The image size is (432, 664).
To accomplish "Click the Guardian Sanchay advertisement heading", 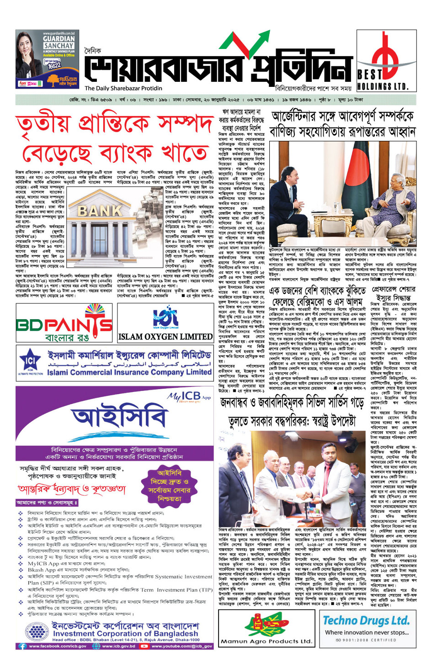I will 59,42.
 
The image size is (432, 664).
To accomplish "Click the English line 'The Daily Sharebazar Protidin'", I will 123,88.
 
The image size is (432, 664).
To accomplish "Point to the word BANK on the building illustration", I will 100,211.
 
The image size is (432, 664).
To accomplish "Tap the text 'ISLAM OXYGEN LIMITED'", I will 165,337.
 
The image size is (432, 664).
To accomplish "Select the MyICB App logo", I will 189,396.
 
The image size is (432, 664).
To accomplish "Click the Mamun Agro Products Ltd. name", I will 266,641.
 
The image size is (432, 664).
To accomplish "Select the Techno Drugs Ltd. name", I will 366,621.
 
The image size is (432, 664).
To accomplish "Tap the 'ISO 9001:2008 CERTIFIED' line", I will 366,640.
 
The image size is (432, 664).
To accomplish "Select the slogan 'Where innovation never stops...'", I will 366,632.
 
